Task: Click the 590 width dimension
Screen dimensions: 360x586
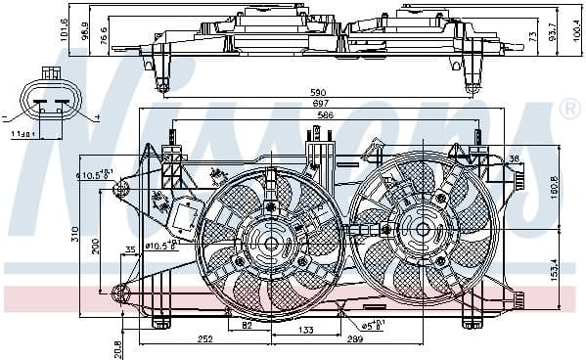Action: (x=318, y=93)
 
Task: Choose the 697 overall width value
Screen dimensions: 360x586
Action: (x=318, y=103)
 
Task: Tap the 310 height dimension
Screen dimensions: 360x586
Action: (x=74, y=235)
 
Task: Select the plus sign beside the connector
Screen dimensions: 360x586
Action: (x=98, y=117)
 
